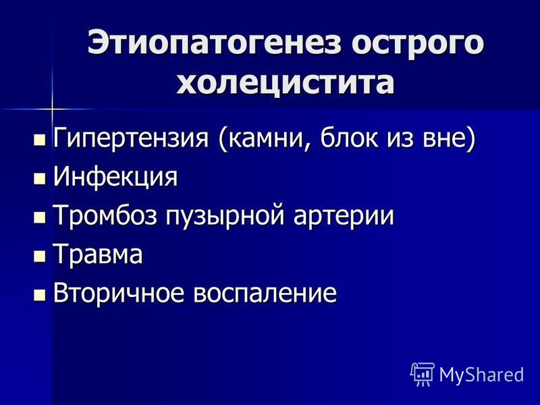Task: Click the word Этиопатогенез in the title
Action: click(214, 43)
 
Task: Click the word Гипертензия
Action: click(131, 138)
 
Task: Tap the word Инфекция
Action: click(115, 177)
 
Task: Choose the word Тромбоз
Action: click(105, 215)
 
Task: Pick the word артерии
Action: click(344, 217)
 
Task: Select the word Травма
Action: click(97, 254)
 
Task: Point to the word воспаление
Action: click(265, 293)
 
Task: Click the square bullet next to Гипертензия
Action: click(40, 140)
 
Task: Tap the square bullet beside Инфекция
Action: click(40, 179)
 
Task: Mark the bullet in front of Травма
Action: click(40, 256)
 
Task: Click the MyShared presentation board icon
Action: click(423, 374)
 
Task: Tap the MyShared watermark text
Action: click(481, 375)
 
